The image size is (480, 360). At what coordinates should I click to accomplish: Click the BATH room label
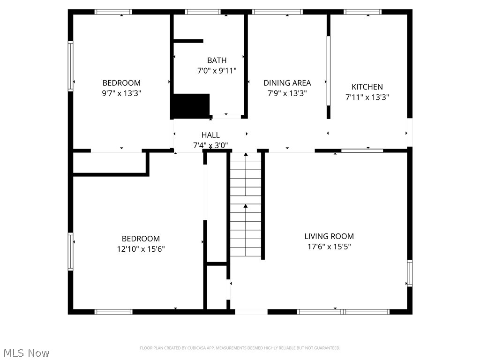click(x=217, y=60)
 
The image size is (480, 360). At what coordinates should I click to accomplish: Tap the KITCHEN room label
click(x=367, y=87)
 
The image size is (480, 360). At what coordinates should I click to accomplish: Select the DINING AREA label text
click(x=287, y=83)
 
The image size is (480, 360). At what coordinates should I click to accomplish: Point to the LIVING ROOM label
click(x=329, y=236)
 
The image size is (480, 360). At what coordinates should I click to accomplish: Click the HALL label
click(x=210, y=135)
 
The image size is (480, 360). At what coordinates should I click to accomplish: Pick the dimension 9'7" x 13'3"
click(x=121, y=93)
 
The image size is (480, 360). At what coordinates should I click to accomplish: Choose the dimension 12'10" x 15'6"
click(x=141, y=249)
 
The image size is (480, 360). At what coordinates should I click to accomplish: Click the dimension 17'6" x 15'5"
click(x=329, y=247)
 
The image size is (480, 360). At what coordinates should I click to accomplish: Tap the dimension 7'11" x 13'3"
click(x=367, y=97)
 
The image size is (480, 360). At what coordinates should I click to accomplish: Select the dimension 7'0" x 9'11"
click(x=217, y=71)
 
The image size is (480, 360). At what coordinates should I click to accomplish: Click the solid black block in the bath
click(x=190, y=105)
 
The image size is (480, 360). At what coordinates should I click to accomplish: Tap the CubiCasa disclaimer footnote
click(x=240, y=348)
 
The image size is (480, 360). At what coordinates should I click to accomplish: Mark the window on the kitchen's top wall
click(x=362, y=12)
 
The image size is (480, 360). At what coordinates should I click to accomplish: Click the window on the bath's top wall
click(x=202, y=12)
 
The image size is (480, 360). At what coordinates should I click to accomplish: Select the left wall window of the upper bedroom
click(x=71, y=66)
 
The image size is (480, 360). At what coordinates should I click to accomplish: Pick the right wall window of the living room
click(x=409, y=273)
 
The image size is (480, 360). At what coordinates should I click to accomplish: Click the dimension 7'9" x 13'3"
click(x=287, y=93)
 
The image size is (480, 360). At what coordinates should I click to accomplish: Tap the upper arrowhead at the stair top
click(x=246, y=154)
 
